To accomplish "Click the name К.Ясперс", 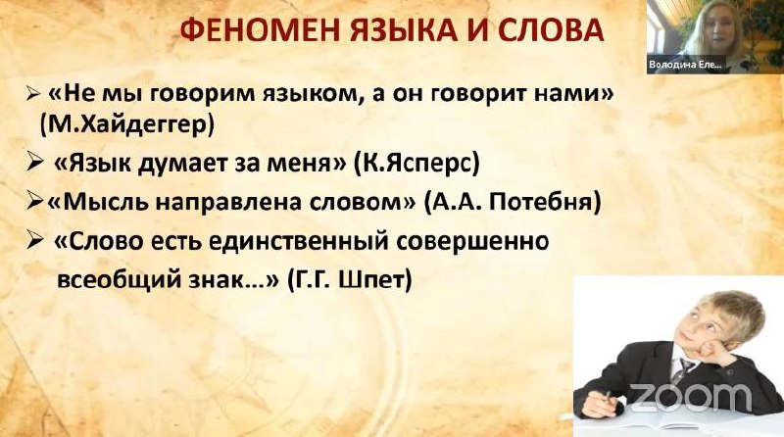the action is [x=416, y=164].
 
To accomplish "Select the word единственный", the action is [x=298, y=241].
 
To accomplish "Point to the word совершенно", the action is [x=472, y=241].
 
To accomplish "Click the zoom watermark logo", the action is [x=690, y=398].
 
